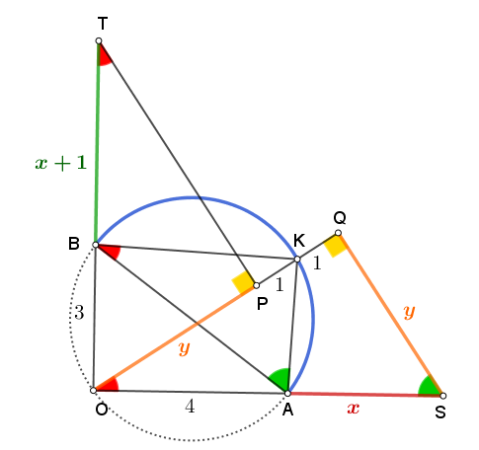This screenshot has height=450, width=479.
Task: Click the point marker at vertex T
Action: pyautogui.click(x=99, y=40)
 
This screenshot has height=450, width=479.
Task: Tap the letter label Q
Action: pyautogui.click(x=340, y=218)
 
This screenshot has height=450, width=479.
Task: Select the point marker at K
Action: pyautogui.click(x=297, y=260)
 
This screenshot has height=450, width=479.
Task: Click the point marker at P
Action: pyautogui.click(x=257, y=285)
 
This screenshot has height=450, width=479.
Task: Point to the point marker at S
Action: pyautogui.click(x=443, y=396)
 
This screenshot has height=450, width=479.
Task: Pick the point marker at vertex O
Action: pyautogui.click(x=94, y=391)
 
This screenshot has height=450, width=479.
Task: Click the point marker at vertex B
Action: pyautogui.click(x=96, y=245)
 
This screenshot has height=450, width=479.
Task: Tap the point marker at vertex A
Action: pyautogui.click(x=287, y=393)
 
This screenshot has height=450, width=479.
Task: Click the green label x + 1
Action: pyautogui.click(x=61, y=163)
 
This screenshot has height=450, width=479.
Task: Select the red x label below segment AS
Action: pyautogui.click(x=354, y=409)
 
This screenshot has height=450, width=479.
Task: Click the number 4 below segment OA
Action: pyautogui.click(x=190, y=407)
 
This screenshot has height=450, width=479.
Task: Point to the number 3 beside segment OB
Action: pyautogui.click(x=79, y=313)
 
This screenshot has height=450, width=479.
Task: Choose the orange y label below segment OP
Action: pyautogui.click(x=185, y=348)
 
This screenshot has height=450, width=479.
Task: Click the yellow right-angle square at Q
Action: pyautogui.click(x=334, y=245)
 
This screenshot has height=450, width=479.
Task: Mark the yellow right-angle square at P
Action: pyautogui.click(x=243, y=281)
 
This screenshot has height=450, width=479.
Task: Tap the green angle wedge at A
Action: pyautogui.click(x=279, y=379)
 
